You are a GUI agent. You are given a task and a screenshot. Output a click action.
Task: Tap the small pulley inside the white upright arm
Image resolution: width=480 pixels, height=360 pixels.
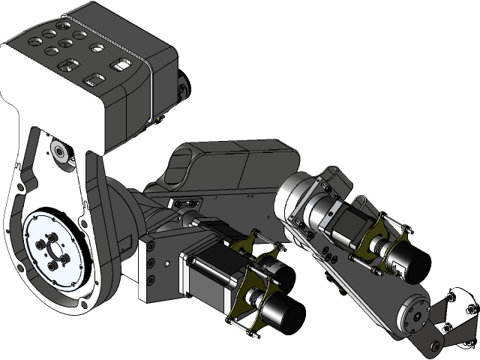[58, 151]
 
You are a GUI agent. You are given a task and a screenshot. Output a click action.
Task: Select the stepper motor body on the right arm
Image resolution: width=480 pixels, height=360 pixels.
[346, 223]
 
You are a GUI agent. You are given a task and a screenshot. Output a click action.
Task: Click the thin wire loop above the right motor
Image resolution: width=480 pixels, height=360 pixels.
[360, 201]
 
